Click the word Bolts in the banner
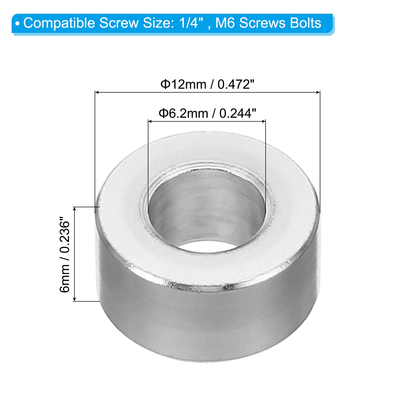[x=306, y=23]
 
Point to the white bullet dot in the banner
[x=17, y=24]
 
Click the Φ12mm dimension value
[x=183, y=84]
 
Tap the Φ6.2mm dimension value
[x=183, y=113]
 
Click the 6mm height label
[x=65, y=279]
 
